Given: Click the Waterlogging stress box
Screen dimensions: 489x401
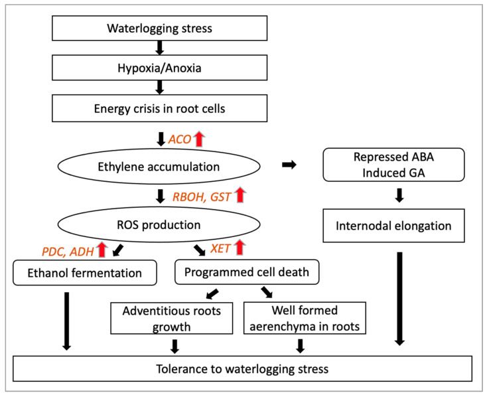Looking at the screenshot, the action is tap(159, 28).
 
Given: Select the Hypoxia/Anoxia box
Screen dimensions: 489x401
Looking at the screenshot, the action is tap(159, 68).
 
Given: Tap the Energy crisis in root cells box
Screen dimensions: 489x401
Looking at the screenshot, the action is tap(159, 108).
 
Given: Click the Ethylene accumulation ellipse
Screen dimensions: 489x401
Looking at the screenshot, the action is tap(159, 167).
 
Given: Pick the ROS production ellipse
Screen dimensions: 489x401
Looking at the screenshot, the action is tap(159, 224).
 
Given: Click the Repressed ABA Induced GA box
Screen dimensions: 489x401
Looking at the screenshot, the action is tap(393, 165).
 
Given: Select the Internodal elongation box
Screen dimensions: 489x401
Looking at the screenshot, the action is tap(393, 226).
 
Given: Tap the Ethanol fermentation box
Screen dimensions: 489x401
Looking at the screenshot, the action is tap(84, 273).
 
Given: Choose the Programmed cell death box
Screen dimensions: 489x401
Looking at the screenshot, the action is tap(247, 272).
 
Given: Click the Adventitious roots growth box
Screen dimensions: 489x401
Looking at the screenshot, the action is tap(172, 318).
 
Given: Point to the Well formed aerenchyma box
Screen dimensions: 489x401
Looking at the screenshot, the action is tap(305, 318).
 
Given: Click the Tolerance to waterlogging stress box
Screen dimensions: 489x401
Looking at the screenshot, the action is tap(242, 368).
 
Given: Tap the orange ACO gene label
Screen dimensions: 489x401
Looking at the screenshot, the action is tap(180, 139).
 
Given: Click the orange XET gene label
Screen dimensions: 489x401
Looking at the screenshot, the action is tap(220, 248).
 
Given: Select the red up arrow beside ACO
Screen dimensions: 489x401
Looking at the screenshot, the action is tap(199, 139).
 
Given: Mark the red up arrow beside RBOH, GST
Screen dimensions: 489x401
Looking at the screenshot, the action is tap(240, 195).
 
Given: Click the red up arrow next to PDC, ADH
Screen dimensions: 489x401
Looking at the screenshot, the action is tap(102, 250).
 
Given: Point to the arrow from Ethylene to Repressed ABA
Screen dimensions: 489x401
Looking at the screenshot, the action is tap(289, 165).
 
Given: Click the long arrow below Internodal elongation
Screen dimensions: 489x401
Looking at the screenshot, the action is tap(399, 299).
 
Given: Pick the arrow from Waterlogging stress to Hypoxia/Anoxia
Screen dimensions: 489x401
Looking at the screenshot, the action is tap(160, 48).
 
